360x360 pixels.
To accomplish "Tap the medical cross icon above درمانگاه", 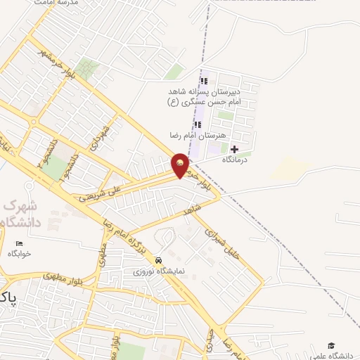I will pyautogui.click(x=234, y=149).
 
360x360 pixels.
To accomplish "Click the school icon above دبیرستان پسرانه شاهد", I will pyautogui.click(x=205, y=81).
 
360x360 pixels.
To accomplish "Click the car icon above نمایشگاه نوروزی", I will pyautogui.click(x=159, y=259).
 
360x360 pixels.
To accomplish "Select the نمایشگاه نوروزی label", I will pyautogui.click(x=160, y=271).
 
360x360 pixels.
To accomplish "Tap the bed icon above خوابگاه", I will pyautogui.click(x=19, y=244).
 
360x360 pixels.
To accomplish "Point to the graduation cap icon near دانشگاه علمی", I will pyautogui.click(x=331, y=345).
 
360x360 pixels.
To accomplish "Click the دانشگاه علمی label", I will pyautogui.click(x=333, y=355).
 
